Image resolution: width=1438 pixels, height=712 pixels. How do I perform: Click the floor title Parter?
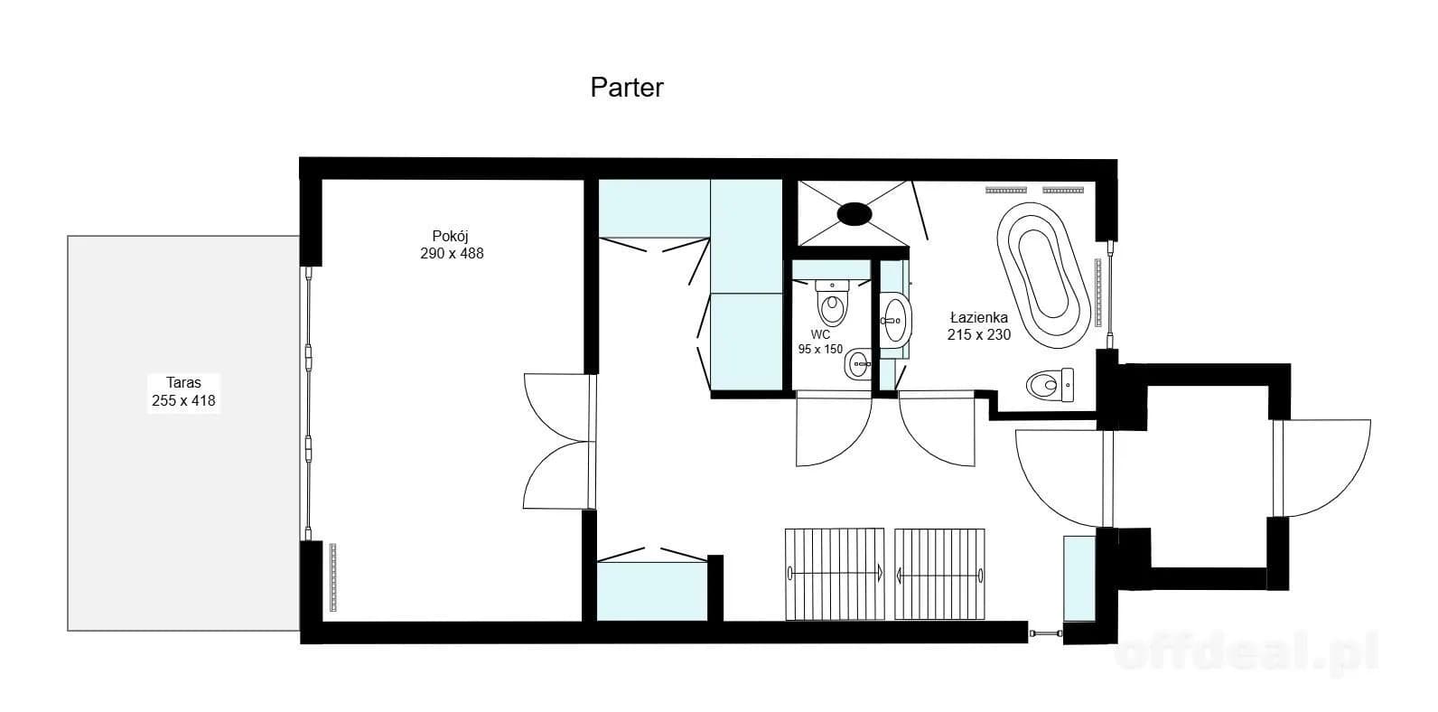coord(627,88)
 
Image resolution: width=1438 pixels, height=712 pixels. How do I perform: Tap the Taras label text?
coord(183,382)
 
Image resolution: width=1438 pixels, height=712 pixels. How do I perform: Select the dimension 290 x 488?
coord(452,254)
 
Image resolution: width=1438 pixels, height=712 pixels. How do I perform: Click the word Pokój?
coord(450,236)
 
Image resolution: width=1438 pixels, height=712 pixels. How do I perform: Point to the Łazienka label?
coord(979,317)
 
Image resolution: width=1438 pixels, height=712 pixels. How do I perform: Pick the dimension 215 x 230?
coord(979,334)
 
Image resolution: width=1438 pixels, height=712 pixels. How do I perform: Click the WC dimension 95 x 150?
coord(820,350)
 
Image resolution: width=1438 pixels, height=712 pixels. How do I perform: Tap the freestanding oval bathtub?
coord(1043,276)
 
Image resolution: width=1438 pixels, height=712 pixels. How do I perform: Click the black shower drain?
coord(854,214)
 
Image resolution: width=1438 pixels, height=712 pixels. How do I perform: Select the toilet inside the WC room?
coord(833,303)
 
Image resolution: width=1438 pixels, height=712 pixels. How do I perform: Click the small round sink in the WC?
coord(858,364)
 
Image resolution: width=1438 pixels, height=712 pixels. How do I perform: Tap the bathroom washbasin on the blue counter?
coord(895,321)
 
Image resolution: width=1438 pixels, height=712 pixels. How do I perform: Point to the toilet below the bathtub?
coord(1050,385)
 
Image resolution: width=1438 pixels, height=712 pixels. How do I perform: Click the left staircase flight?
coord(835,574)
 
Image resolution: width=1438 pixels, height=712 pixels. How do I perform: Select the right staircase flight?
coord(939,574)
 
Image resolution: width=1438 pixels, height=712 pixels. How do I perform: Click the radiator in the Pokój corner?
coord(332,577)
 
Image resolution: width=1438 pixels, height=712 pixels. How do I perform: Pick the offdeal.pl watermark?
coord(1247,653)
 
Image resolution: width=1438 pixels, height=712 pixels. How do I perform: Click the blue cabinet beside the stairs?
coord(1079,578)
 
